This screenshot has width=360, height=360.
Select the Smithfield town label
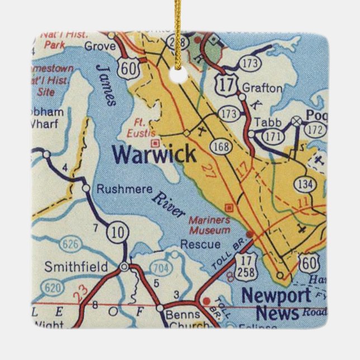(x=76, y=267)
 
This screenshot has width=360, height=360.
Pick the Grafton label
(x=262, y=88)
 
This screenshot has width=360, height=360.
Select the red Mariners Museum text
(x=209, y=225)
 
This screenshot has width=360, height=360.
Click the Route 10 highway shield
(x=118, y=231)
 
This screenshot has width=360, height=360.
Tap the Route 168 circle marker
(x=220, y=146)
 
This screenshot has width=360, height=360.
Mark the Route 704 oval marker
(x=160, y=268)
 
